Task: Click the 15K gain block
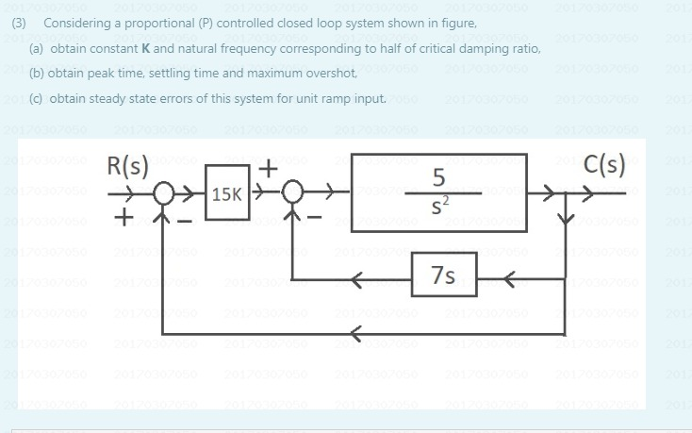[x=225, y=195]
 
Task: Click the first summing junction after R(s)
[x=162, y=195]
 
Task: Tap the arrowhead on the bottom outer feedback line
[x=355, y=332]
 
